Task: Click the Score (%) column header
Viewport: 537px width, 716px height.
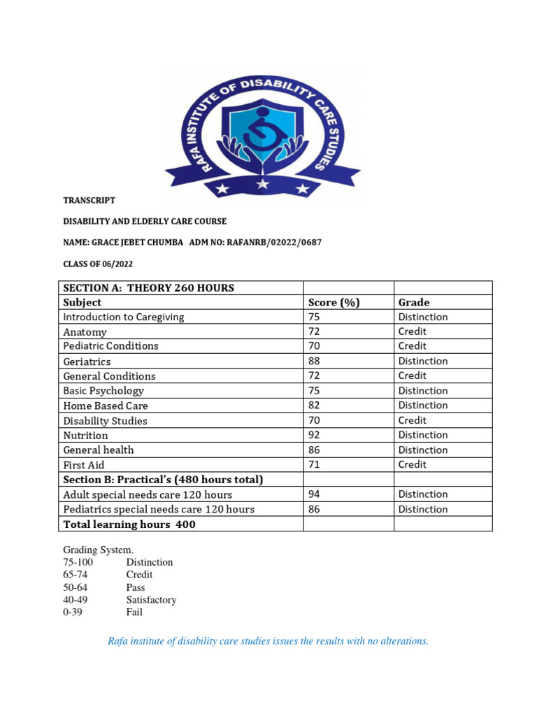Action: coord(334,303)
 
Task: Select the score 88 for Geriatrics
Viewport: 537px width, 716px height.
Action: coord(314,361)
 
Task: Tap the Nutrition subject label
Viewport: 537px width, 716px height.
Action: coord(85,435)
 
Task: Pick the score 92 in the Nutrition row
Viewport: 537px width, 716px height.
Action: coord(314,435)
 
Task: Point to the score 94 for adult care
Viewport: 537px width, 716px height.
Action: coord(314,494)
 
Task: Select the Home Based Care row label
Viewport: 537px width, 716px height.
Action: coord(106,406)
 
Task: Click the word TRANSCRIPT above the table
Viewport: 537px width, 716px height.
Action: coord(89,200)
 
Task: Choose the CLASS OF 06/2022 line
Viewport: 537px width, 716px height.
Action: coord(98,264)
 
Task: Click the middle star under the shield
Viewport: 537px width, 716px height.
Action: coord(263,185)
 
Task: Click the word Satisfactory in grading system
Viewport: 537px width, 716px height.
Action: coord(151,600)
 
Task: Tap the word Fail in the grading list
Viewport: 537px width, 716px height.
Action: coord(134,613)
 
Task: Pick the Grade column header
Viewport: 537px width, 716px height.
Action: coord(414,303)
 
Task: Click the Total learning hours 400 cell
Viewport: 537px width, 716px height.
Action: coord(129,524)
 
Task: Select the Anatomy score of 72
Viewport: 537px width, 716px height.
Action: coord(314,331)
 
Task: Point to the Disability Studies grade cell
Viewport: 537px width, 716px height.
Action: coord(412,420)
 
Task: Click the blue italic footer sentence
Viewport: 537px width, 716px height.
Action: coord(268,641)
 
